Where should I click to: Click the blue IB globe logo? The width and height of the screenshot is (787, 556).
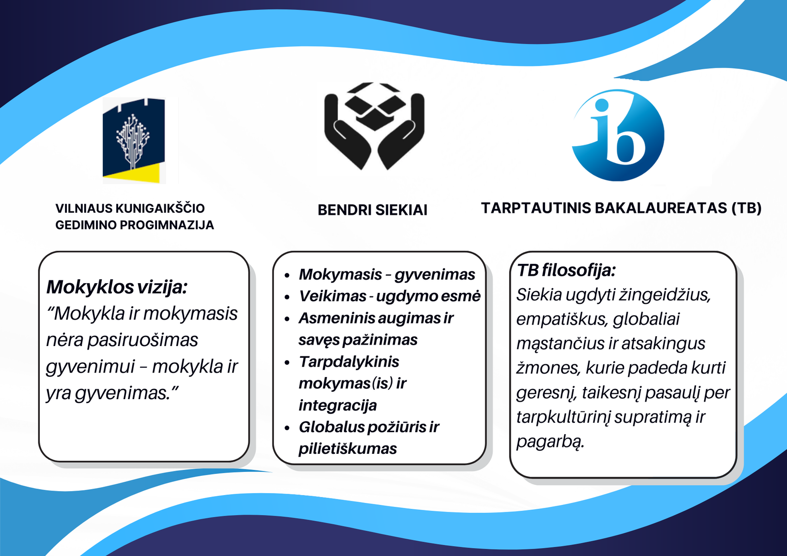click(x=618, y=135)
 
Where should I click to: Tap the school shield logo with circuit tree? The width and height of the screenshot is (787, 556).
click(x=134, y=141)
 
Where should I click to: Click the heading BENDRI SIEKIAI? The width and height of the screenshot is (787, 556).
click(x=372, y=210)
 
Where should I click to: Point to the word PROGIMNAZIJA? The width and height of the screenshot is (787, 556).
click(x=167, y=225)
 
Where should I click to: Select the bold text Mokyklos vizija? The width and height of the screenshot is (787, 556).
click(x=117, y=287)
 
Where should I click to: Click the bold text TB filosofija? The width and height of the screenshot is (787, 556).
click(x=566, y=270)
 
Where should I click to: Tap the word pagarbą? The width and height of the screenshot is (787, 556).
click(x=550, y=442)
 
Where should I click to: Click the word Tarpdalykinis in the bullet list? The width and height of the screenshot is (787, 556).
click(x=349, y=361)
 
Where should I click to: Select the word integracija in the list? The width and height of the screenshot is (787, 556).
click(x=337, y=405)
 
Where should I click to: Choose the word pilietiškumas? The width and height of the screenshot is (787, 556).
click(x=347, y=448)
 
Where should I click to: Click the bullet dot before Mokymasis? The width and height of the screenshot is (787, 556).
click(x=287, y=275)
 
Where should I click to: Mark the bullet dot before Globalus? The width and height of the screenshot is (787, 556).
click(x=287, y=428)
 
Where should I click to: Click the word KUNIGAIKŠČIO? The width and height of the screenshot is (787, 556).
click(x=160, y=208)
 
